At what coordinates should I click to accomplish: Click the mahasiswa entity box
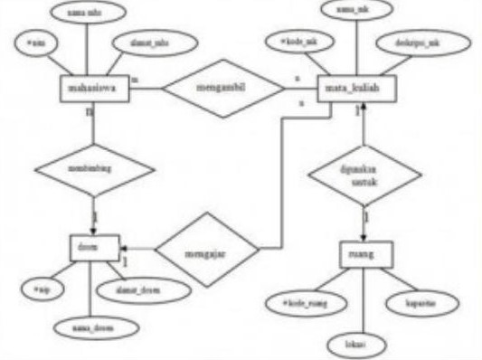[x=93, y=89]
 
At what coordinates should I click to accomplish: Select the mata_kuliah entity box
[x=353, y=89]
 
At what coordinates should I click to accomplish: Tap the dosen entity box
[x=93, y=244]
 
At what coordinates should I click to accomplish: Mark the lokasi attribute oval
[x=360, y=345]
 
